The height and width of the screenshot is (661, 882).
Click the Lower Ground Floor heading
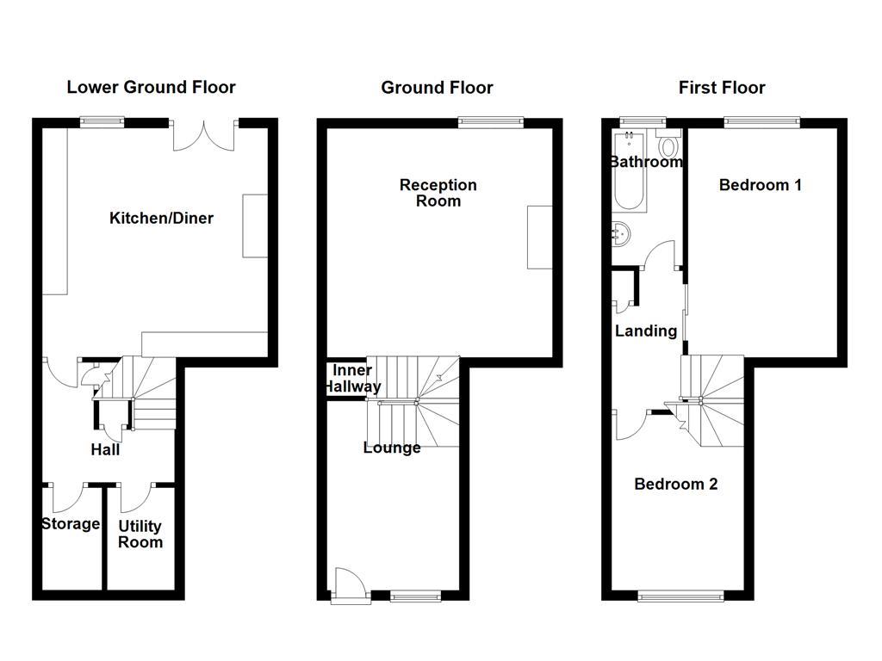point(151,87)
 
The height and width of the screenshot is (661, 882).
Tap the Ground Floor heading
point(437,88)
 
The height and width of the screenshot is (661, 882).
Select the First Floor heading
point(722,88)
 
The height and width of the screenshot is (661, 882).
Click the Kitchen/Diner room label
point(161,219)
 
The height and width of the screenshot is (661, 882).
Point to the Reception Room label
point(438,193)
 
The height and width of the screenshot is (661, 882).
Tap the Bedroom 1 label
point(761,185)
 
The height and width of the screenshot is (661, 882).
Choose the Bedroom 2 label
point(675,485)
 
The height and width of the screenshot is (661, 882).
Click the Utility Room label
point(140,534)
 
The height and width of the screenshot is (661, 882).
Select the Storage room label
point(71,524)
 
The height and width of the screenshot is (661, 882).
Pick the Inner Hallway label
point(352,379)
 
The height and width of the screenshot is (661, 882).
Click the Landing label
point(645,331)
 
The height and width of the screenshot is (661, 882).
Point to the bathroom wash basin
point(621,232)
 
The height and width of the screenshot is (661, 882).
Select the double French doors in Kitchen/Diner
point(205,134)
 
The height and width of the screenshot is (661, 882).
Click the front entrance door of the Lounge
point(350,583)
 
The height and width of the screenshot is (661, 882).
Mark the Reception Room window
point(491,122)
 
